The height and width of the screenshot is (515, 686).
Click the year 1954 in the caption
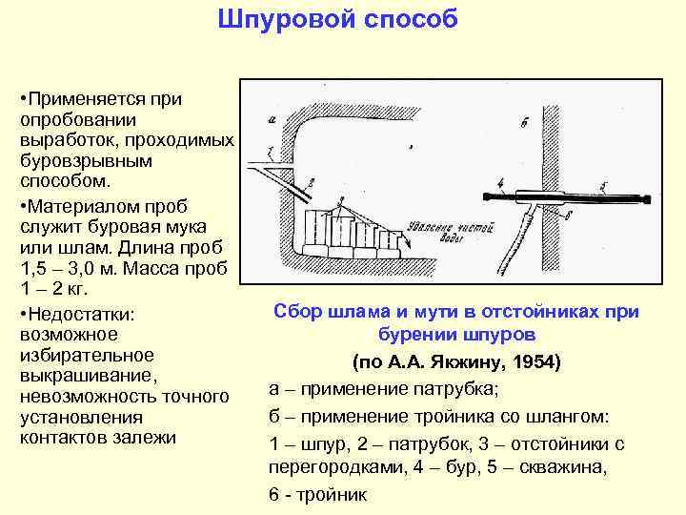(x=535, y=363)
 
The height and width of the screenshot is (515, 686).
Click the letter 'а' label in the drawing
(x=272, y=119)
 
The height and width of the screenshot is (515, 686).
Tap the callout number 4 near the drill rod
(x=499, y=181)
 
